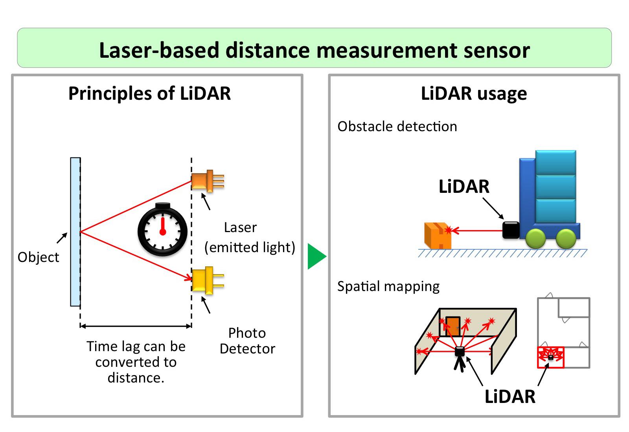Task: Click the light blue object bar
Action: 75,232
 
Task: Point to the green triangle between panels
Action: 316,256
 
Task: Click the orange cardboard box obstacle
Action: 437,235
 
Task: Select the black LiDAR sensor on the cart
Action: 511,230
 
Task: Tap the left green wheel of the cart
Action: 535,238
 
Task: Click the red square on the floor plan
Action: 550,357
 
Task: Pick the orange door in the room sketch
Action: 453,326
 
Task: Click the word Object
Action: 39,257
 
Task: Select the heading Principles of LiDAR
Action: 149,93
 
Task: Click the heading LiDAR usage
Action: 474,93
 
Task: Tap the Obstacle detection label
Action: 397,126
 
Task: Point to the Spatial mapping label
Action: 388,286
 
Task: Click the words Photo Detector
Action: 247,340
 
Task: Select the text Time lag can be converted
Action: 136,354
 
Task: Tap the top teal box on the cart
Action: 555,162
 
